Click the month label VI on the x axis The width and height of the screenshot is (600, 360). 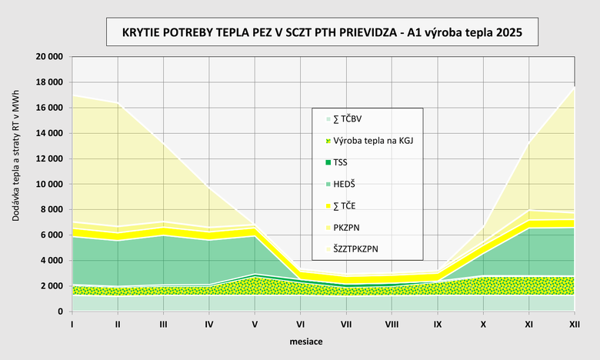pyautogui.click(x=301, y=324)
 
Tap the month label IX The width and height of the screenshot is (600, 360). pyautogui.click(x=438, y=324)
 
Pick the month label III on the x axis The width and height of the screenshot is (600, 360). pyautogui.click(x=163, y=324)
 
